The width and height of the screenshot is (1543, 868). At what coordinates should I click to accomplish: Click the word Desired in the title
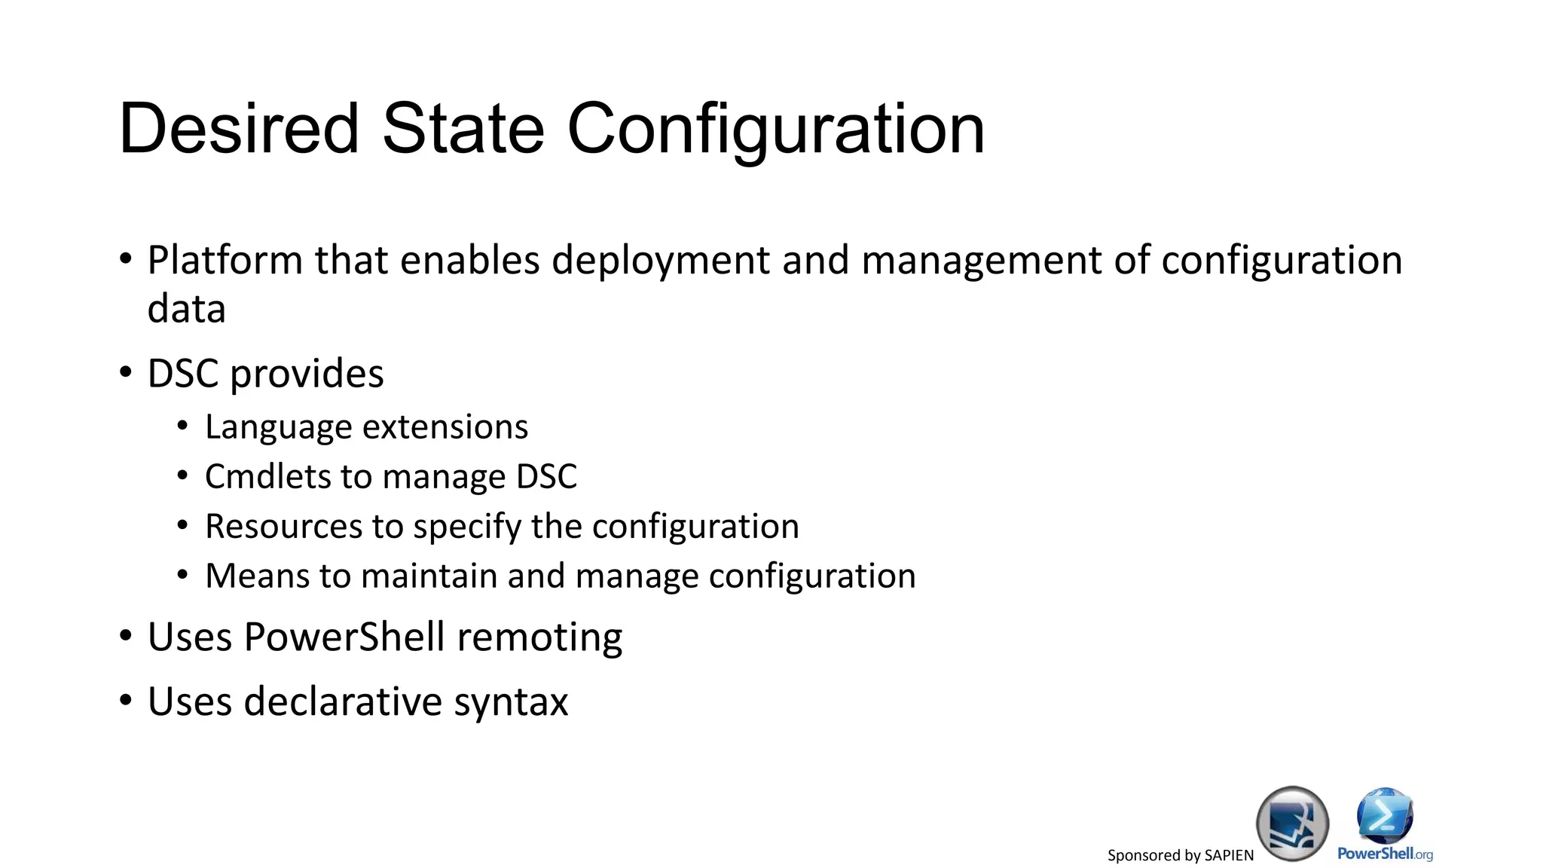(239, 129)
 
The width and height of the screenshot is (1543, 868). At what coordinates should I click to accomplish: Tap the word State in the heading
(463, 129)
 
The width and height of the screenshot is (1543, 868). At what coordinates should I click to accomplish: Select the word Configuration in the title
(775, 130)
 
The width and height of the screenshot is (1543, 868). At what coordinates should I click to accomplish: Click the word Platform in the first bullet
(225, 261)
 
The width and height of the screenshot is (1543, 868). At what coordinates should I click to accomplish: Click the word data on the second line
(186, 309)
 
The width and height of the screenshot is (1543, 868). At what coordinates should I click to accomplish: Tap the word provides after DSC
(307, 374)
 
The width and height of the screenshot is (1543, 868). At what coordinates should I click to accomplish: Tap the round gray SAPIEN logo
(1292, 824)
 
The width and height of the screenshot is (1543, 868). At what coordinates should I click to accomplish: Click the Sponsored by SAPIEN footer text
(1180, 855)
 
